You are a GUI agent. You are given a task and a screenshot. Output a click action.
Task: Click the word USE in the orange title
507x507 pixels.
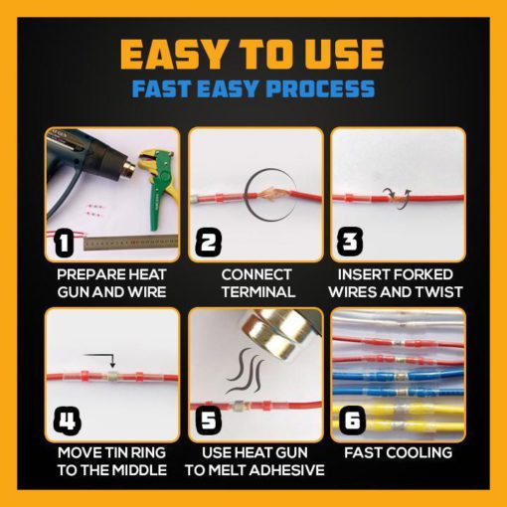pyautogui.click(x=344, y=55)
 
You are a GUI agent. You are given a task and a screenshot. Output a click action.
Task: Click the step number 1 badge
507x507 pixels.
pyautogui.click(x=64, y=243)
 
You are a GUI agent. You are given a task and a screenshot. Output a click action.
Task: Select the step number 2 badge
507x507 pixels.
pyautogui.click(x=209, y=243)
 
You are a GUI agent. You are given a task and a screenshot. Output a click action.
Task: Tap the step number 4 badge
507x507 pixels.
pyautogui.click(x=68, y=422)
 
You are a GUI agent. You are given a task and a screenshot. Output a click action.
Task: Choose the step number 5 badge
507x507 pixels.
pyautogui.click(x=209, y=420)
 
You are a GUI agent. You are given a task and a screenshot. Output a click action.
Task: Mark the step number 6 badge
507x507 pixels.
pyautogui.click(x=352, y=420)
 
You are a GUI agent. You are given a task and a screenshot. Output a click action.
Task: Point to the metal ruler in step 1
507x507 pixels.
pyautogui.click(x=130, y=243)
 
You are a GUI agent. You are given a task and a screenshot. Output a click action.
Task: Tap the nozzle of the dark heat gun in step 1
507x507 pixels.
pyautogui.click(x=128, y=170)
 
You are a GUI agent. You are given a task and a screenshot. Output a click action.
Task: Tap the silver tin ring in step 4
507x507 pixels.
pyautogui.click(x=112, y=377)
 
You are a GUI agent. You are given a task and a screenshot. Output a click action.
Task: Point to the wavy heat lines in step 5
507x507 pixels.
pyautogui.click(x=245, y=370)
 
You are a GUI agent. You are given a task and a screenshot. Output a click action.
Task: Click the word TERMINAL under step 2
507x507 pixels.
pyautogui.click(x=258, y=292)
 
